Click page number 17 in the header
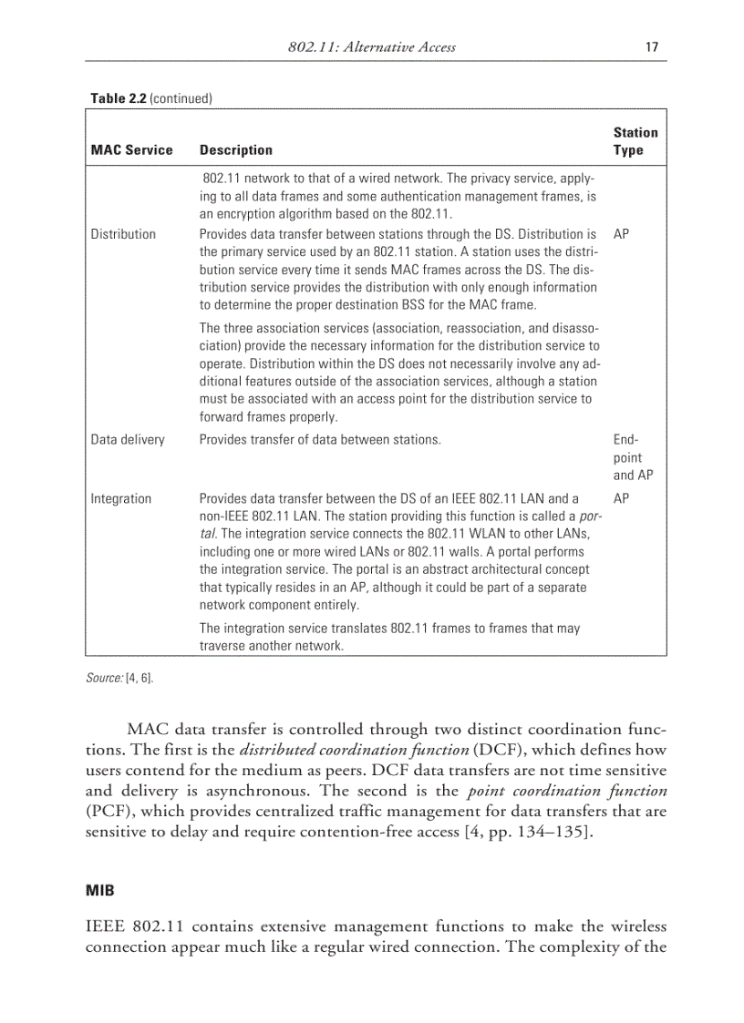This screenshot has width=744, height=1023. coord(651,46)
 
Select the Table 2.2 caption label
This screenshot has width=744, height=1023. coord(119,97)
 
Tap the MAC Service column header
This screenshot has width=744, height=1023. coord(131,150)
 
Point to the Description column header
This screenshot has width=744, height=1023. coord(235,150)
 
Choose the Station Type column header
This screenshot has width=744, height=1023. coord(635,141)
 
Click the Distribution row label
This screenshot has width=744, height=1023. coord(123,234)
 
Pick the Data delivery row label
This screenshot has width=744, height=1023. coord(128,440)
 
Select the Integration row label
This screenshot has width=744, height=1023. coord(121,499)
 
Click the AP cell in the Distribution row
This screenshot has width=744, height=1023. coord(622,234)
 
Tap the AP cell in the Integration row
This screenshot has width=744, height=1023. coord(622,499)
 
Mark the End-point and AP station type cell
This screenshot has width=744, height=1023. coord(633,457)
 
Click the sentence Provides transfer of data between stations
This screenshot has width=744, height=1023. coord(320,440)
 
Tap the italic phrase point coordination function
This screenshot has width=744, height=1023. coord(566,791)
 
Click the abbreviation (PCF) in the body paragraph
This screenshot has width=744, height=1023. coord(106,811)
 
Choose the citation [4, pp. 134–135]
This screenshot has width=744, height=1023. coord(522,831)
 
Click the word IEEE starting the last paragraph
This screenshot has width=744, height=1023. coord(108,926)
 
